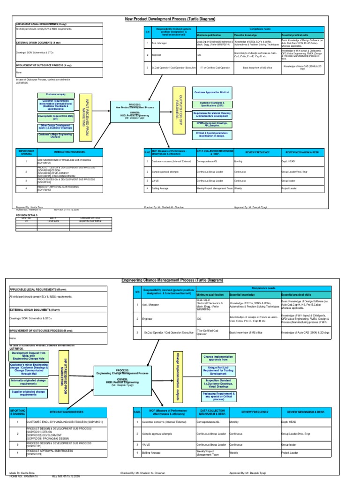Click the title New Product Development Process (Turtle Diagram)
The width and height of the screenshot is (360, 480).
(169, 19)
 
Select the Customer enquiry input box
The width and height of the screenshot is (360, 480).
(55, 95)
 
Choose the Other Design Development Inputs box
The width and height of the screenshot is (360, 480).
(55, 127)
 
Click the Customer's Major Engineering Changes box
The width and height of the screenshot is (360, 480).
(55, 136)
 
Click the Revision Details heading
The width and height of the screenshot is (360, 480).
(27, 215)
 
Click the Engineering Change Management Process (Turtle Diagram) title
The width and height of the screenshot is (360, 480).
(172, 280)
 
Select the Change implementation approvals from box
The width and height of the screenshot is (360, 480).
(218, 358)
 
